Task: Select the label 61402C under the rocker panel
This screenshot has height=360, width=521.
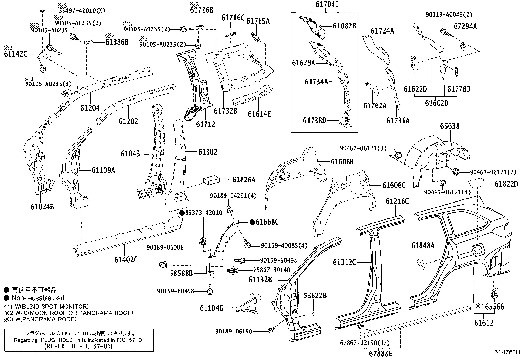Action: (x=126, y=260)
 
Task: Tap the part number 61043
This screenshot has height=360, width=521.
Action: (x=130, y=154)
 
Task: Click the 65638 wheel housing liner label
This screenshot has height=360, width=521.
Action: (x=450, y=126)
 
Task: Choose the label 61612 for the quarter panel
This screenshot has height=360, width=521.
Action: (x=483, y=323)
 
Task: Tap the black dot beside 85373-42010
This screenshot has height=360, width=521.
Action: (x=182, y=213)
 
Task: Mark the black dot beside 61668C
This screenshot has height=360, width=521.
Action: (x=252, y=222)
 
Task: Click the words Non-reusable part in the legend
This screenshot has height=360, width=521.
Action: (x=38, y=298)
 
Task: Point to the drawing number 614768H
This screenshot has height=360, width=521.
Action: (x=507, y=352)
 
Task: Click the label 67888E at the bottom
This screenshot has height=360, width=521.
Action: (x=381, y=354)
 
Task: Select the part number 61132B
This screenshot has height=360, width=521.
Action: (x=260, y=280)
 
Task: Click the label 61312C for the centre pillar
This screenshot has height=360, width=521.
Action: (x=345, y=262)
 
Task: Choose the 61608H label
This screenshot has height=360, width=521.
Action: (x=342, y=162)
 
